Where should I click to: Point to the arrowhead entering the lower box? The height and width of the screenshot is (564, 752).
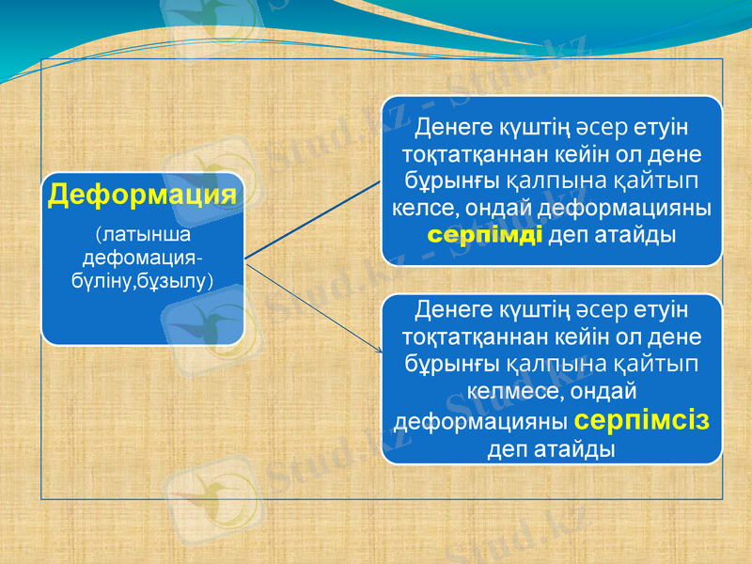379,351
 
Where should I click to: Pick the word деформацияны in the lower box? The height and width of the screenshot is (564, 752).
480,420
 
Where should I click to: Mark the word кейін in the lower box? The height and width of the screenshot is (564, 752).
571,336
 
